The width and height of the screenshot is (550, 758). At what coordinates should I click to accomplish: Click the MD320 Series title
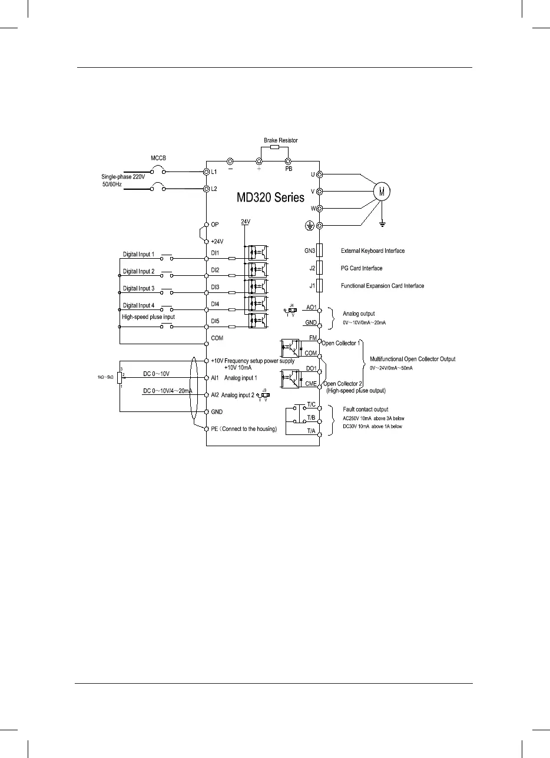pos(262,197)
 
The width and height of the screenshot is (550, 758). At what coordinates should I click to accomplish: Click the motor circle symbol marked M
pos(383,191)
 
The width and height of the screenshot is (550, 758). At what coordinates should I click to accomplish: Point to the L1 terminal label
pos(216,172)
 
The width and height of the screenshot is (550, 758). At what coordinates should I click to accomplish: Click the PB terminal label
pos(289,168)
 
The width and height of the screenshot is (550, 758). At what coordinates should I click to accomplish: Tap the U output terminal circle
pos(319,174)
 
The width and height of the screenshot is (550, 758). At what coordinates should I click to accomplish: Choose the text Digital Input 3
pos(138,288)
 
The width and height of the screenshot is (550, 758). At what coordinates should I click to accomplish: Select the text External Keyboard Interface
pos(373,251)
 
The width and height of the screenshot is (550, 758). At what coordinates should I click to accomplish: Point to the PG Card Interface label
pos(362,268)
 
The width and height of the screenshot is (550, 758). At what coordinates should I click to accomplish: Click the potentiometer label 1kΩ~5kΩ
pos(105,376)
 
